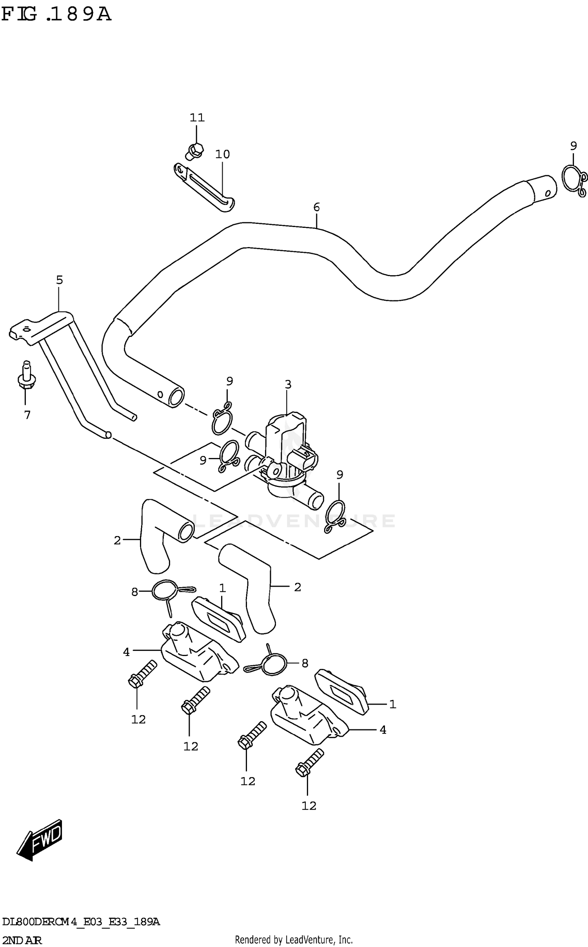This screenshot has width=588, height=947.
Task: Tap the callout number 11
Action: (197, 117)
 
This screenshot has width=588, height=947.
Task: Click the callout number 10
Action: (222, 154)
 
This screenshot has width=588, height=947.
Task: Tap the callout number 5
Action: (59, 280)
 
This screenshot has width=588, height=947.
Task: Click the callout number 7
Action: (27, 415)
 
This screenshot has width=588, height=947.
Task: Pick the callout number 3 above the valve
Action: (288, 384)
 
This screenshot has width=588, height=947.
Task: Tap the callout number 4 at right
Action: (383, 730)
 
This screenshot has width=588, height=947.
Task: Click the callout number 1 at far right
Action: (392, 704)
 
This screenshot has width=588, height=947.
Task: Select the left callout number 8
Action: (134, 592)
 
